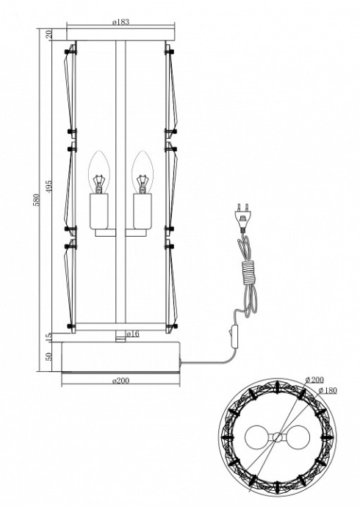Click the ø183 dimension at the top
[x=122, y=23]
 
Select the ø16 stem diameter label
[x=134, y=334]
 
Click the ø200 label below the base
[x=122, y=381]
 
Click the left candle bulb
[x=98, y=172]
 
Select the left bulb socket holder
[x=98, y=210]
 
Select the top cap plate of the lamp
[x=122, y=35]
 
